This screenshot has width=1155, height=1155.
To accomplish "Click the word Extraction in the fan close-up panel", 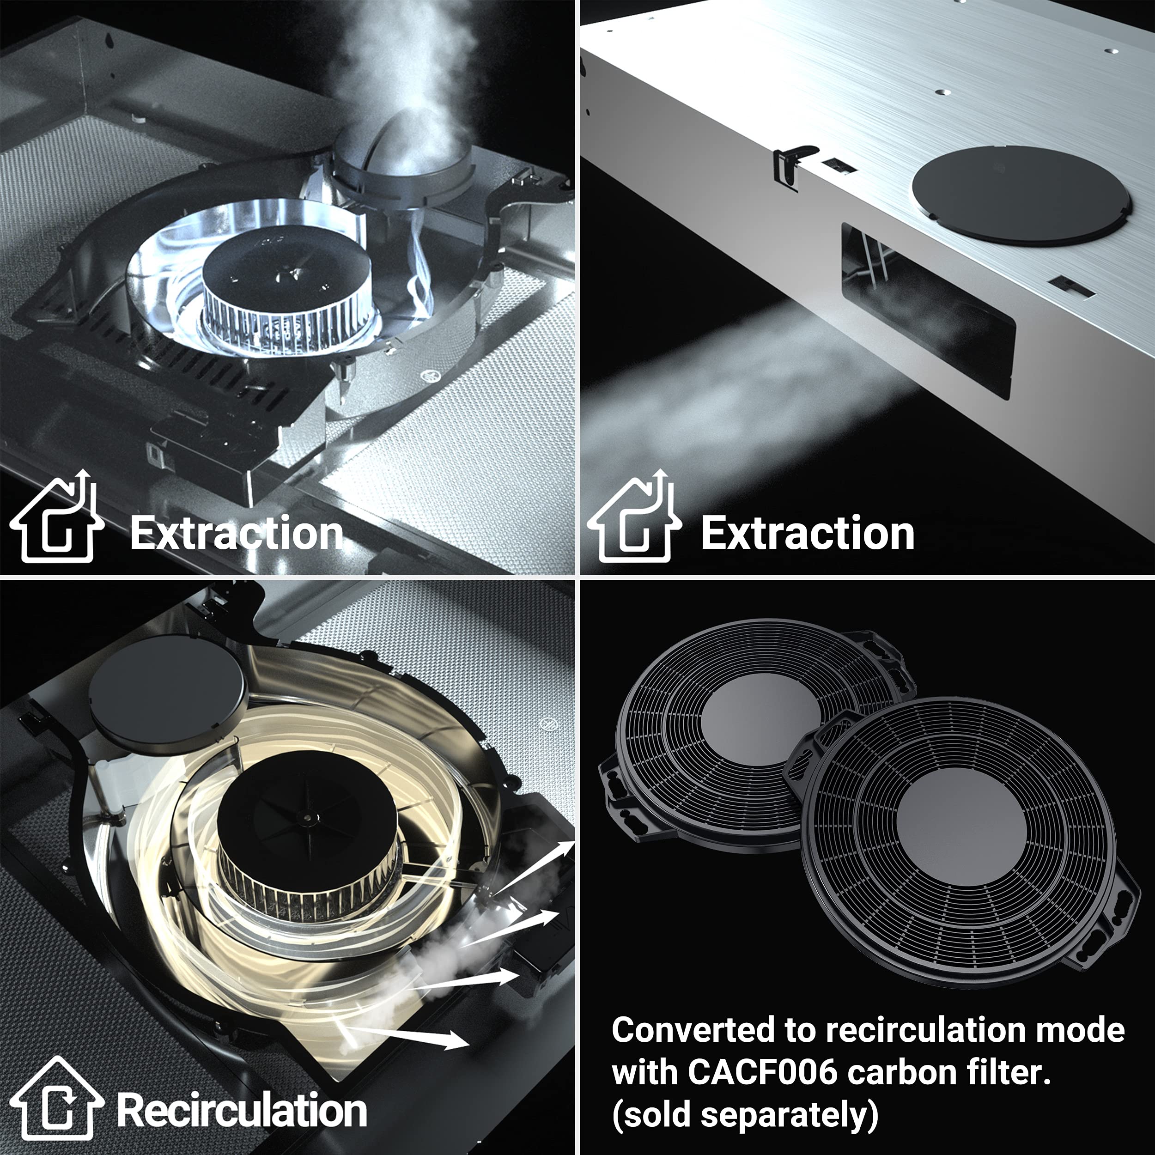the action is coord(237,533).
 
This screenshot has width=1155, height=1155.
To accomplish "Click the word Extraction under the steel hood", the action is coord(808,533).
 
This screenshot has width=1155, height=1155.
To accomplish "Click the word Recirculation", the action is coord(242,1110).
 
